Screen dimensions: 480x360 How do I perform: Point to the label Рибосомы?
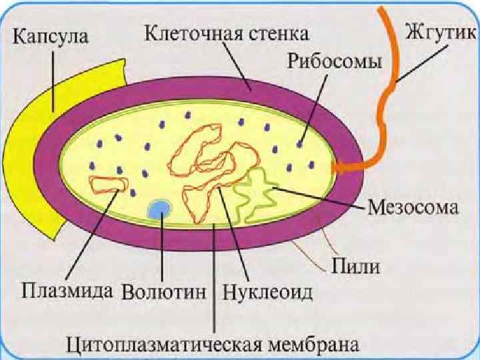335,61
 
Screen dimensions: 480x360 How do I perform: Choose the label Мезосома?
413,208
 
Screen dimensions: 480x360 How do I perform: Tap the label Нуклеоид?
268,292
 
